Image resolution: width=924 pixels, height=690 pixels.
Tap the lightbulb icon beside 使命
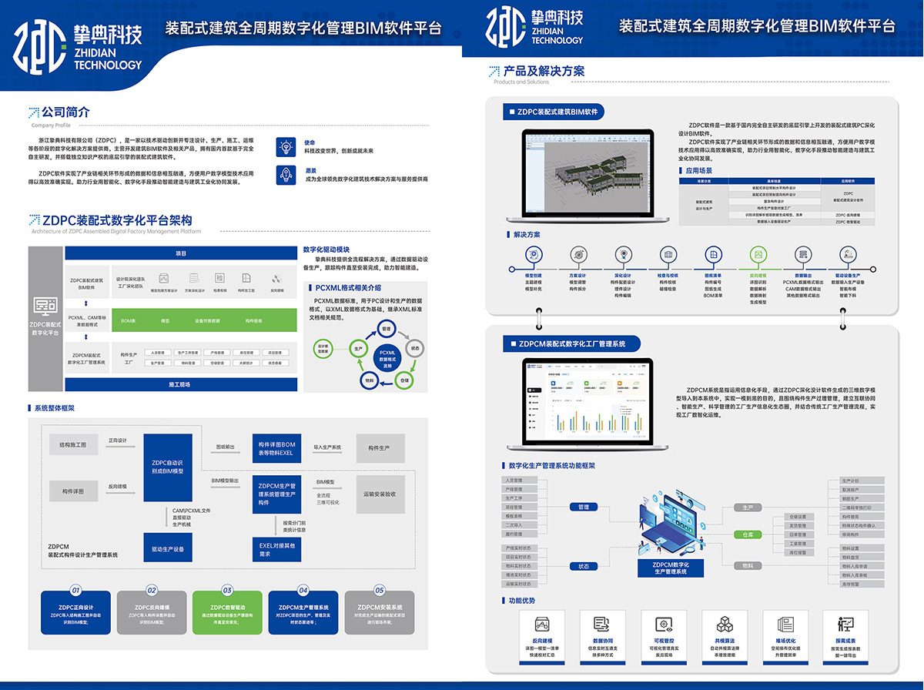pos(286,146)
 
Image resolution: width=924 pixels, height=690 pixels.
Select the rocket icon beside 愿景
pos(286,175)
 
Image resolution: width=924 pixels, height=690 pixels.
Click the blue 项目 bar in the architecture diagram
pos(181,253)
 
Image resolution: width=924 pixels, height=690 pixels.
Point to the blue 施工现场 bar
pos(181,384)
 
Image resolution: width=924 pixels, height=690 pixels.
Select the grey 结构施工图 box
pos(73,445)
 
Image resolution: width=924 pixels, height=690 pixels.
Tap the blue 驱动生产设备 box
pos(167,548)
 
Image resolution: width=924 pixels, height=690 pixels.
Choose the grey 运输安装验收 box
pos(380,494)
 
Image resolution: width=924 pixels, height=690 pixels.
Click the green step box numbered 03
pos(228,612)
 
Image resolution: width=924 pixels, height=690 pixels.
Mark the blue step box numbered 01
pos(75,612)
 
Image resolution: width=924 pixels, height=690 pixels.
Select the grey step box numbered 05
pos(380,612)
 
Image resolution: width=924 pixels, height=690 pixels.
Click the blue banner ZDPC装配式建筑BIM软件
pos(553,112)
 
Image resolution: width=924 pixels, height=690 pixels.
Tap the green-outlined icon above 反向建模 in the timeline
pos(758,255)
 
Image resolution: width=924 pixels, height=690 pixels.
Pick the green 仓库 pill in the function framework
pos(747,534)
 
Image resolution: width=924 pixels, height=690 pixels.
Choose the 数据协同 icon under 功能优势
pos(602,625)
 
